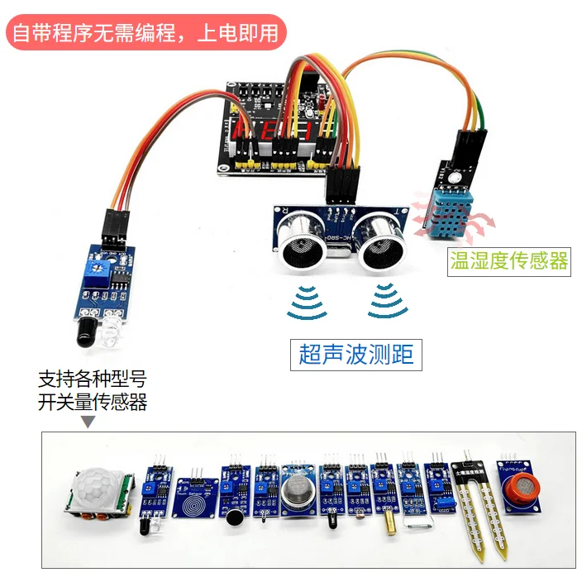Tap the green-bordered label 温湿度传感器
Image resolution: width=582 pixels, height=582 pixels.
coord(508,261)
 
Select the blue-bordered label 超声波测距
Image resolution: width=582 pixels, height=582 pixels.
coord(355,355)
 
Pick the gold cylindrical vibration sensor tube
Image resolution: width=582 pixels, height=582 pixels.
coord(387,522)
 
